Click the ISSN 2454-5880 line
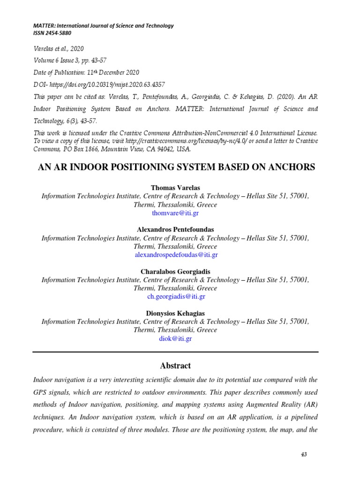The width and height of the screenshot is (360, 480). (x=52, y=33)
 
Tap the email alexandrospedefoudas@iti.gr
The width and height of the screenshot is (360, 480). (x=176, y=255)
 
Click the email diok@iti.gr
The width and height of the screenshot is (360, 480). (x=176, y=338)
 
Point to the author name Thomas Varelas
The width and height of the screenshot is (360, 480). (x=175, y=187)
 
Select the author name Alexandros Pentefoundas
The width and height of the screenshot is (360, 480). (x=175, y=229)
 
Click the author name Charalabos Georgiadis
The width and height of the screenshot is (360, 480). (x=175, y=271)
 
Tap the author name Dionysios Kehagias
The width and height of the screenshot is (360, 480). (x=175, y=313)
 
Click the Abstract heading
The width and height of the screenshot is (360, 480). (x=175, y=366)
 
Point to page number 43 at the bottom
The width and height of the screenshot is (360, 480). (x=304, y=455)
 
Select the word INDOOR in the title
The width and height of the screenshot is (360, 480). (x=103, y=167)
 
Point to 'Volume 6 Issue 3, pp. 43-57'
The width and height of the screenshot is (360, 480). (x=74, y=60)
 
